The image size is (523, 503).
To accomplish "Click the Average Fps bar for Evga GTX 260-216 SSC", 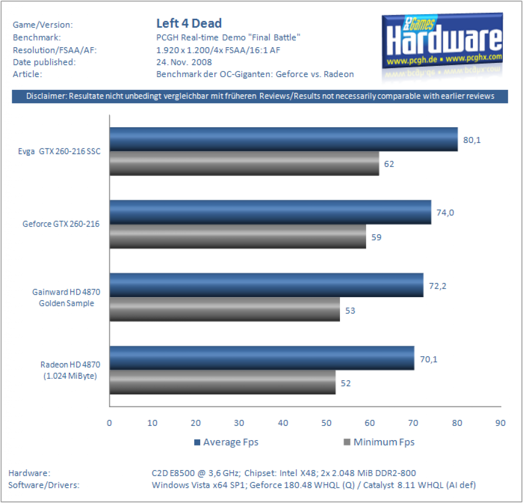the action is (284, 140).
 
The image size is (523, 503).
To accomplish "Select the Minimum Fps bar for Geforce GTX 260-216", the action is (238, 236).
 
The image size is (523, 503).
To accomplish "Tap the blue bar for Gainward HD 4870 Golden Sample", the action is (266, 285).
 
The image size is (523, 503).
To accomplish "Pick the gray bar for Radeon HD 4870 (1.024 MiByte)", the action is (222, 382).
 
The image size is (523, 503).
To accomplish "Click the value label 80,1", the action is (472, 140).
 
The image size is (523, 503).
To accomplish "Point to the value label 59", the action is (376, 237).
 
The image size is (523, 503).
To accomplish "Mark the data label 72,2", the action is (437, 286).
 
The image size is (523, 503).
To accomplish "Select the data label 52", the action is (345, 383).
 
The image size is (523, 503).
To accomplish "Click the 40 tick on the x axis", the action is (283, 423).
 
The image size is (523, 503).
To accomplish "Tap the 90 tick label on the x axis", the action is (500, 423).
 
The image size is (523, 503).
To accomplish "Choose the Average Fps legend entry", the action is (227, 442).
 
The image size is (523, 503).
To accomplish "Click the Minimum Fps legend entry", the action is (379, 442).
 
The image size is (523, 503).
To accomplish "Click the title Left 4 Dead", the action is (189, 24).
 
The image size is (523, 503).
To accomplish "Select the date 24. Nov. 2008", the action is (184, 62).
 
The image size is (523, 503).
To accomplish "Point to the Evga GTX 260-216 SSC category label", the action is (59, 151).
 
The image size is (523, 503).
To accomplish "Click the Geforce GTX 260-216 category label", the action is (61, 224).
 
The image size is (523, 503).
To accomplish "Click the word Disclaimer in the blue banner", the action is (47, 96).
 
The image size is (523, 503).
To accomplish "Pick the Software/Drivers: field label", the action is (44, 485).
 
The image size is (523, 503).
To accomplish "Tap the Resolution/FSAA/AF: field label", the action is (54, 50).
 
